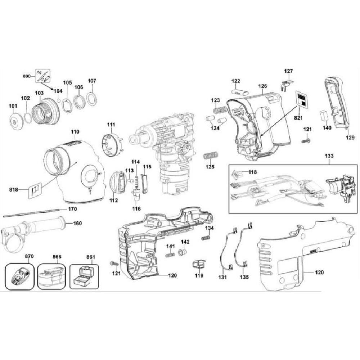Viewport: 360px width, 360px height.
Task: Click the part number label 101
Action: [x=13, y=106]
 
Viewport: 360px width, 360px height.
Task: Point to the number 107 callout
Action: [x=92, y=81]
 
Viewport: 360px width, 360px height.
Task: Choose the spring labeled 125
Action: [x=211, y=156]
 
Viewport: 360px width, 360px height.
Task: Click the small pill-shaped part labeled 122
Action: [x=239, y=92]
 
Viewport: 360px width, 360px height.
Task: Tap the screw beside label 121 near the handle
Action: [x=306, y=140]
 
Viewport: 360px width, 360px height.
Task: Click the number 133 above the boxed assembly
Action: [x=329, y=156]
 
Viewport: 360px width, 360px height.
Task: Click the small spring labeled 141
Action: [x=170, y=255]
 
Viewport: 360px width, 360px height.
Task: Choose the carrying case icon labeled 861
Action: [x=84, y=276]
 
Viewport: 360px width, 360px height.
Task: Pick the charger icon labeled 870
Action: [x=20, y=276]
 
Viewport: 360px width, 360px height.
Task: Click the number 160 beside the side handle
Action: [x=77, y=223]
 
